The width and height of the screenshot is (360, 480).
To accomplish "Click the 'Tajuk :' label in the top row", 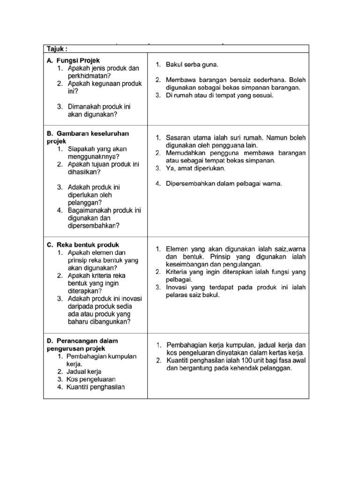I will (x=57, y=49).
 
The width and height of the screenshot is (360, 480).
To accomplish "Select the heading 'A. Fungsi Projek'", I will (x=73, y=60).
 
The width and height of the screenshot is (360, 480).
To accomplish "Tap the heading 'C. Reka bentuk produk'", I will (x=82, y=245).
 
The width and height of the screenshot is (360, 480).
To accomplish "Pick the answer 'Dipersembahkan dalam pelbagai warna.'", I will (x=223, y=183).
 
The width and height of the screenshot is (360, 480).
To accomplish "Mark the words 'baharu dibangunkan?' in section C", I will (x=99, y=321).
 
